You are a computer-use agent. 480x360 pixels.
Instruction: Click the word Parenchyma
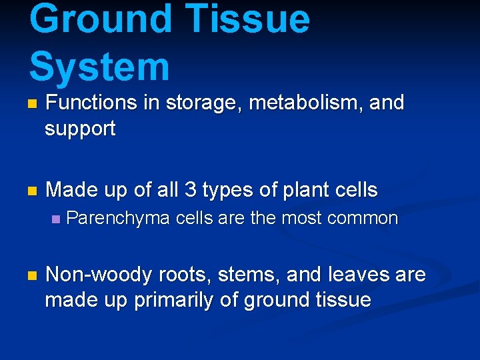point(119,219)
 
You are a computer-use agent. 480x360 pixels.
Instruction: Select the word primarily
point(174,301)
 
